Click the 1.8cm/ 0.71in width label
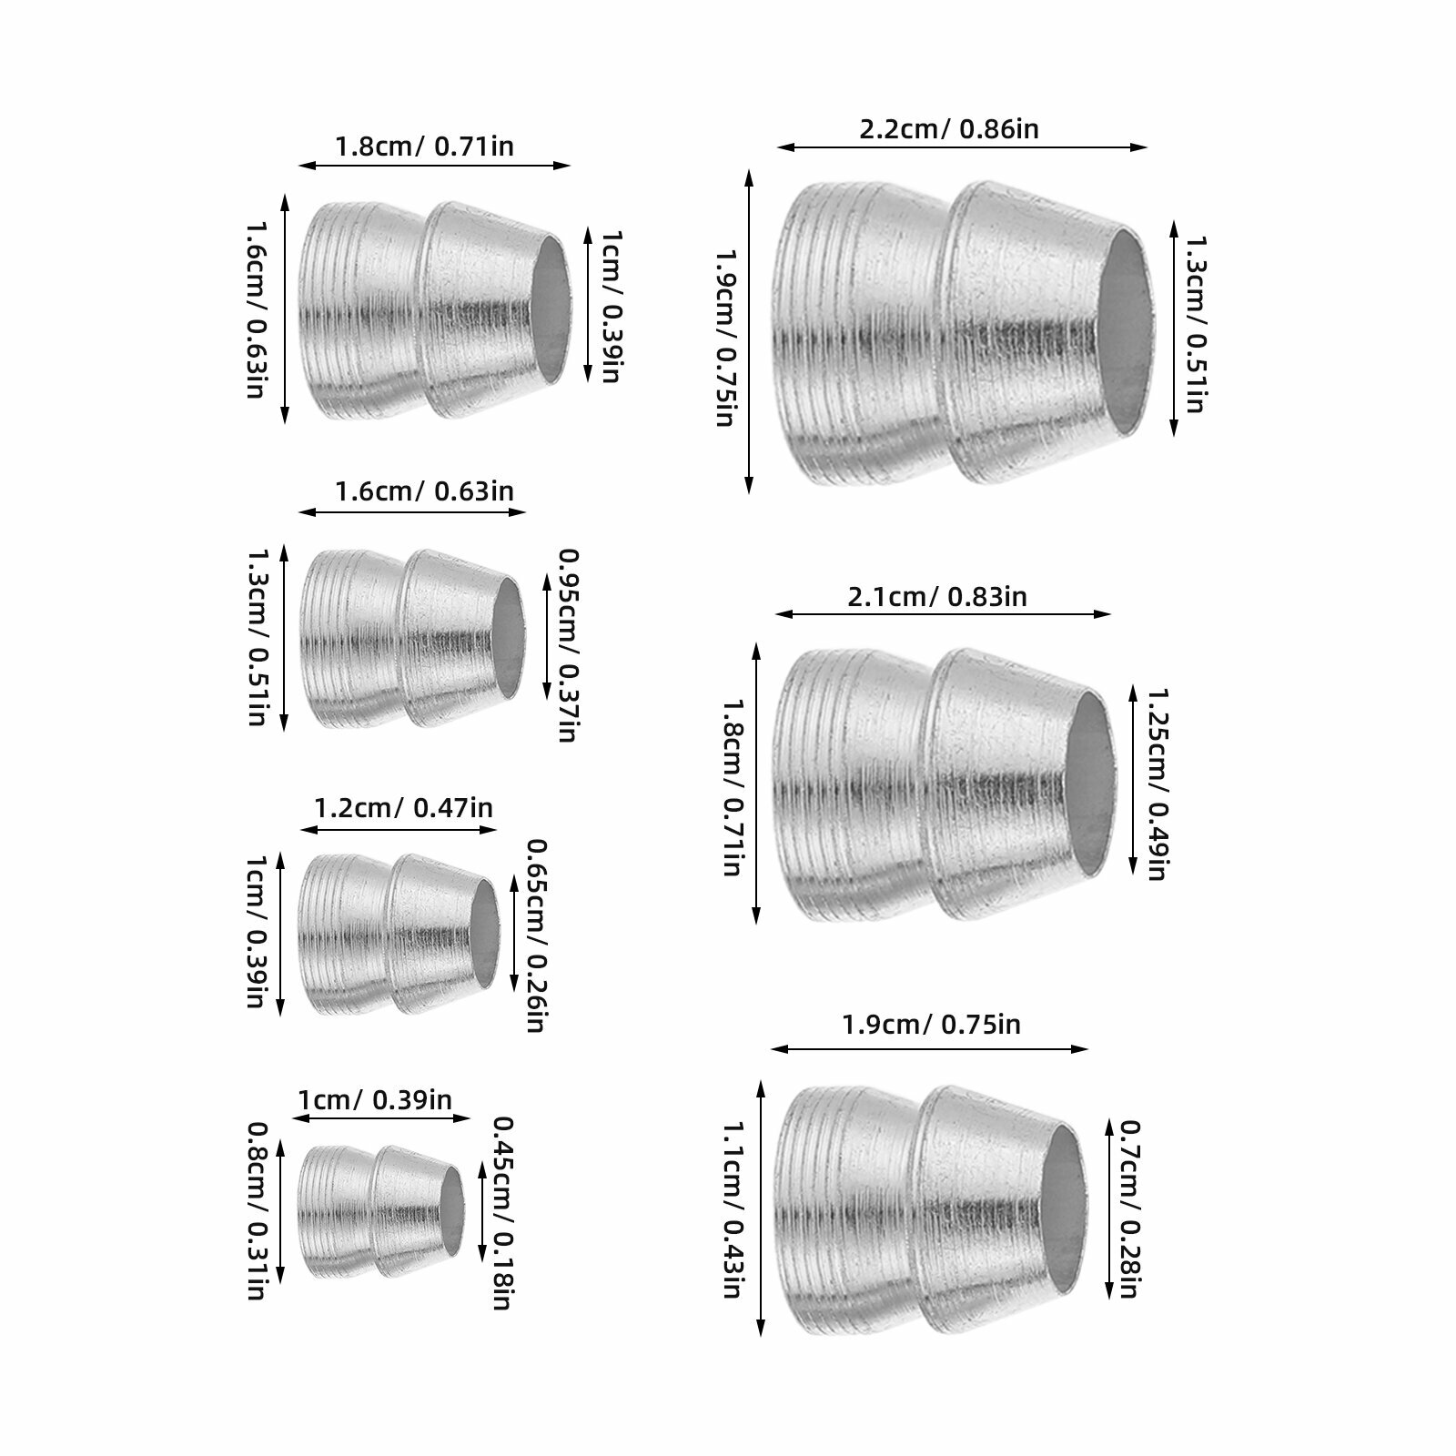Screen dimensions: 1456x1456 pos(424,146)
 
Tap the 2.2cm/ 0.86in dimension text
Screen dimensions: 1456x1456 pos(949,128)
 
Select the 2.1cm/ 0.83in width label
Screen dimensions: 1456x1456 pos(937,597)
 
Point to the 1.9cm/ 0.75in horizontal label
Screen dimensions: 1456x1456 pos(931,1025)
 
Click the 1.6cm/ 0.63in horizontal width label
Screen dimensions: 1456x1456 pos(424,491)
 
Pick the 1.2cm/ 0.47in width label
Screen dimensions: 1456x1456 pos(403,807)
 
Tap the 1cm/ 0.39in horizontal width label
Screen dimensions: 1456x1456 pos(375,1099)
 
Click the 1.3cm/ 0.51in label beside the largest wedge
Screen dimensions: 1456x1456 pos(1194,324)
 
